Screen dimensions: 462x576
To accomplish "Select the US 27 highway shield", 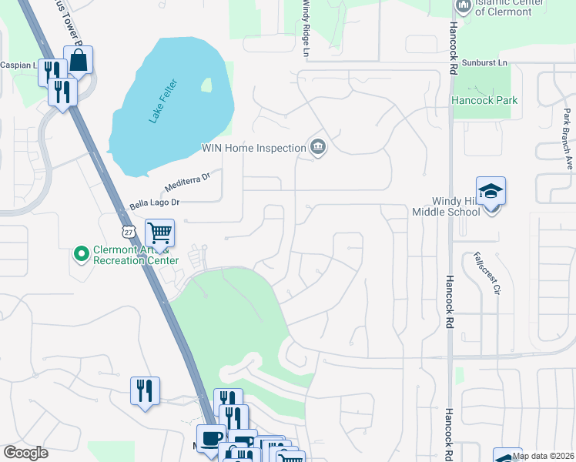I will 127,231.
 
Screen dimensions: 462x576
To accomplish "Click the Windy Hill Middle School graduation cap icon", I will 491,190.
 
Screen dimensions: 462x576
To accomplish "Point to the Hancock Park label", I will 484,101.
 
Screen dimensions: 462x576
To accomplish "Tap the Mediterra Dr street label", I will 187,182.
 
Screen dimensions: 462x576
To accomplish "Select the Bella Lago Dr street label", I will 154,203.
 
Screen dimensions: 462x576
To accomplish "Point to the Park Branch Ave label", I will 568,139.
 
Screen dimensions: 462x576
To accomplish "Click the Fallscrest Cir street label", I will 487,273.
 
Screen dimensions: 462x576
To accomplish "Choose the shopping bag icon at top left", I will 78,59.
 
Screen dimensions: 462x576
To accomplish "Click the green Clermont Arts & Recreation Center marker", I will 80,253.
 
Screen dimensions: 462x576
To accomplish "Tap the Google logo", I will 26,453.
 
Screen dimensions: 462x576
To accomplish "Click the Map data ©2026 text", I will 543,456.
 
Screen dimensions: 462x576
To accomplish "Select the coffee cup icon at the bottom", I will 210,437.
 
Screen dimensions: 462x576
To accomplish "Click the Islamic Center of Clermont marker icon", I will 463,7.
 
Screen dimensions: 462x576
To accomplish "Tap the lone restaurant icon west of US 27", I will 145,390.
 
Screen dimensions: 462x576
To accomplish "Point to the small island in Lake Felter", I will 206,85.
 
